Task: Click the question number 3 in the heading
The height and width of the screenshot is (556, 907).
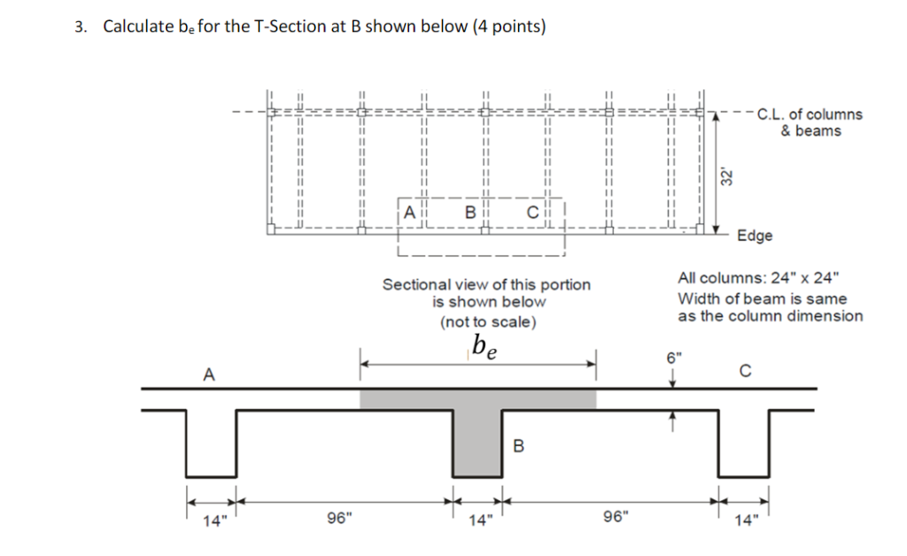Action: click(x=80, y=27)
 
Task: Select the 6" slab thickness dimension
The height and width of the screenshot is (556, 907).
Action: click(x=675, y=359)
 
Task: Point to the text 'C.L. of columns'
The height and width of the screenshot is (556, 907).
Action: click(x=810, y=114)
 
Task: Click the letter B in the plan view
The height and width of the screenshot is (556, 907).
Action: click(x=470, y=212)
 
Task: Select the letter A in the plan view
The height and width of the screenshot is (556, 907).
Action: click(x=409, y=212)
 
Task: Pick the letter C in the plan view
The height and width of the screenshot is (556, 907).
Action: click(x=532, y=212)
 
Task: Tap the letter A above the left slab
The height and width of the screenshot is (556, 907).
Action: click(x=208, y=375)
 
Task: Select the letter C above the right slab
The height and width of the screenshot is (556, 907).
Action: click(x=745, y=372)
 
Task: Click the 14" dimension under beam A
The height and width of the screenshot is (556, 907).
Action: click(x=213, y=521)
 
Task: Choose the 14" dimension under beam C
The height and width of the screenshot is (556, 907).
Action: click(x=743, y=521)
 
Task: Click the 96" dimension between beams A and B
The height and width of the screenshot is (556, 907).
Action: click(x=338, y=518)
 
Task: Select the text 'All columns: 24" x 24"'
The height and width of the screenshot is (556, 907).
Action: click(x=755, y=277)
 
